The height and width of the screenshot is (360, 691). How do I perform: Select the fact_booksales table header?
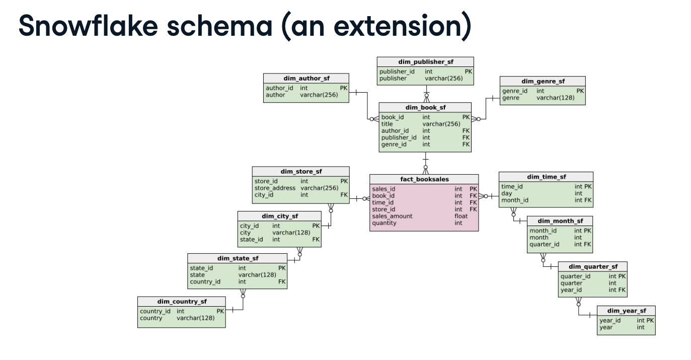(x=424, y=179)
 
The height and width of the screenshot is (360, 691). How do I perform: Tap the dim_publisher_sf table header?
(x=425, y=62)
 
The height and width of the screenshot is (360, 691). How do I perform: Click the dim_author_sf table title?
(x=306, y=78)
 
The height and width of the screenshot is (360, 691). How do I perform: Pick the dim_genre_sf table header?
(x=543, y=81)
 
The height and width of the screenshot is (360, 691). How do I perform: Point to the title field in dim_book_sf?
(x=387, y=124)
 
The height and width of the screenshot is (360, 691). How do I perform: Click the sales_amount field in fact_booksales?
(x=392, y=216)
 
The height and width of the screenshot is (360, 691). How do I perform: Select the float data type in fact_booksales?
(x=461, y=216)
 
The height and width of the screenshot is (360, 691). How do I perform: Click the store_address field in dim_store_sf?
(x=274, y=188)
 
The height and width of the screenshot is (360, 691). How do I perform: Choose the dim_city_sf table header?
(x=279, y=216)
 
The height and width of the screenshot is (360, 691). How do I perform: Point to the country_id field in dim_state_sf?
(x=205, y=281)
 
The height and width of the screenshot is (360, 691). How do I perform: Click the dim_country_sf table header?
(x=181, y=302)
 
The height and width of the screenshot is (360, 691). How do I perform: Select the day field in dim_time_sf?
(x=506, y=193)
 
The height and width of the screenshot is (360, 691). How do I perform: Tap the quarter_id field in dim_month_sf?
(x=544, y=244)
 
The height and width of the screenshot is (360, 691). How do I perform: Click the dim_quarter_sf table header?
(x=593, y=266)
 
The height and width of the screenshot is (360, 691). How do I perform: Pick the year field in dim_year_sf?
(x=606, y=327)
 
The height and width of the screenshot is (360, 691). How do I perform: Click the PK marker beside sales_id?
(x=473, y=189)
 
